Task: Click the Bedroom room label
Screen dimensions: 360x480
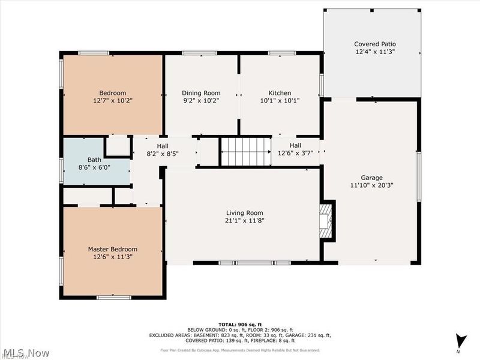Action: [x=113, y=92]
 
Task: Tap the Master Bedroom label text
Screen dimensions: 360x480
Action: [x=113, y=249]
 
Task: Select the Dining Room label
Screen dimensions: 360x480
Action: [x=201, y=93]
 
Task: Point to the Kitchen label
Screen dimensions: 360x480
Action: [x=280, y=93]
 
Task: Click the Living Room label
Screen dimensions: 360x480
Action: [x=244, y=212]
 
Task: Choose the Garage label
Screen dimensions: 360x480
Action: [x=371, y=178]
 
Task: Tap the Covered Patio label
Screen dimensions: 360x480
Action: [x=375, y=44]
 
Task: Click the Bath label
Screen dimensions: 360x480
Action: [x=94, y=160]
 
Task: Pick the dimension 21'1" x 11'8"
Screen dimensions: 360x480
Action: [x=244, y=220]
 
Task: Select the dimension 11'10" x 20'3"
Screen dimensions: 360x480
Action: [x=371, y=185]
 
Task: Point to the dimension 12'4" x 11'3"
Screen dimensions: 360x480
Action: [x=375, y=52]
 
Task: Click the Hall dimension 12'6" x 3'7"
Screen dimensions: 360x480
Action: [x=295, y=154]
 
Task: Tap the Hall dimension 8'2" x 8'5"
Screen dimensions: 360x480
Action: [x=163, y=154]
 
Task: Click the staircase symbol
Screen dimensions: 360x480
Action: [x=246, y=151]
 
